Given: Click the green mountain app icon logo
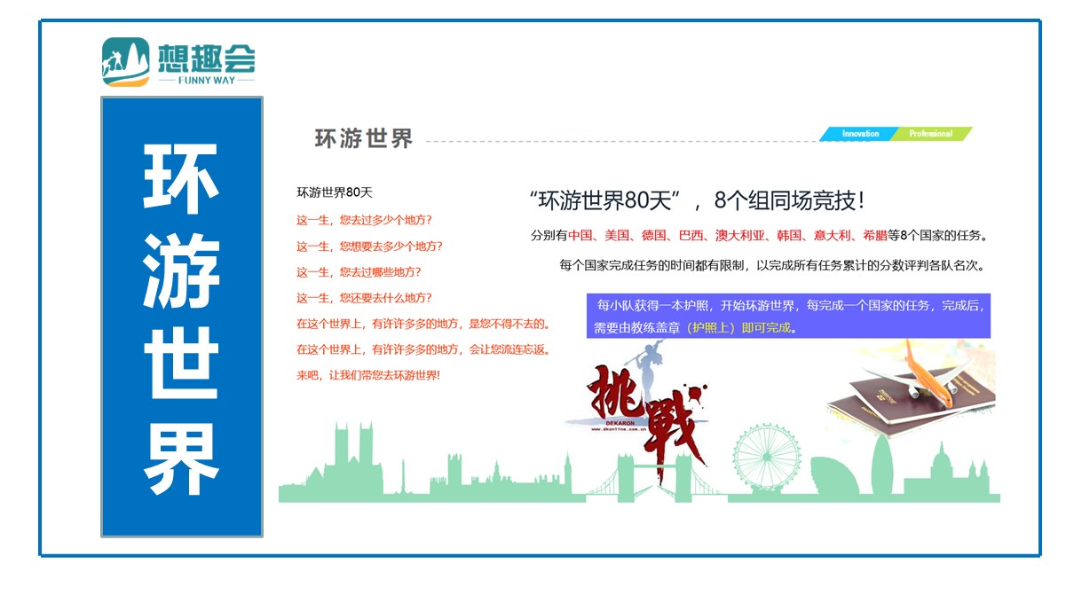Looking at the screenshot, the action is click(x=126, y=62).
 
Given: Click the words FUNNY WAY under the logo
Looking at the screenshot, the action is click(x=207, y=81).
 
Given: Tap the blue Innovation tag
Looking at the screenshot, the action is click(x=860, y=134).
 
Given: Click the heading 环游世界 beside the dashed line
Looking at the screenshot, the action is click(x=363, y=138).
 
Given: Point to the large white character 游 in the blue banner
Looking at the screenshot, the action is click(x=181, y=271).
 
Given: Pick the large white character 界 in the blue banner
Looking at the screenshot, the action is click(x=181, y=458).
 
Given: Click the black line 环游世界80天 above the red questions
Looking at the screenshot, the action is click(x=335, y=192).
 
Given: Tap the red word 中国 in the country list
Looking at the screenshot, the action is click(x=580, y=235).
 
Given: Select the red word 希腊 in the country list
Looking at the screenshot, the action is click(x=875, y=235).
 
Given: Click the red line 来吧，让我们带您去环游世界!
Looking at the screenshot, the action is click(x=368, y=375).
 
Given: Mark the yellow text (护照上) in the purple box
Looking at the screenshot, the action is click(x=711, y=327).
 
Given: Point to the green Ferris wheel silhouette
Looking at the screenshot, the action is click(x=766, y=458).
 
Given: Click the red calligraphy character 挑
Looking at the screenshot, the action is click(x=615, y=390).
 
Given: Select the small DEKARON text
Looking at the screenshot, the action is click(x=620, y=423).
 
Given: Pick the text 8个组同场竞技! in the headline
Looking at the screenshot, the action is click(x=789, y=200).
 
